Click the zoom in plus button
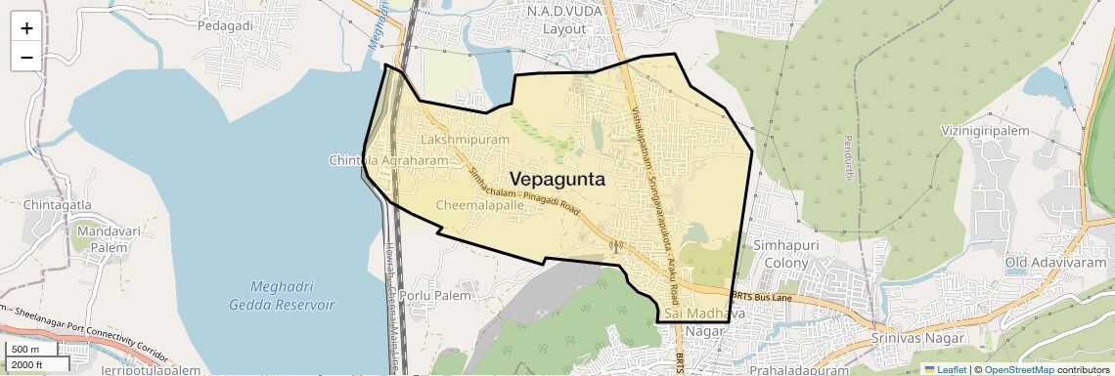(26, 27)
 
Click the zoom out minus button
(26, 57)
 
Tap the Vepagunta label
(557, 180)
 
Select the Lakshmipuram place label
(466, 141)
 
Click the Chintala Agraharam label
(388, 160)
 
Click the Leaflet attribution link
(945, 369)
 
